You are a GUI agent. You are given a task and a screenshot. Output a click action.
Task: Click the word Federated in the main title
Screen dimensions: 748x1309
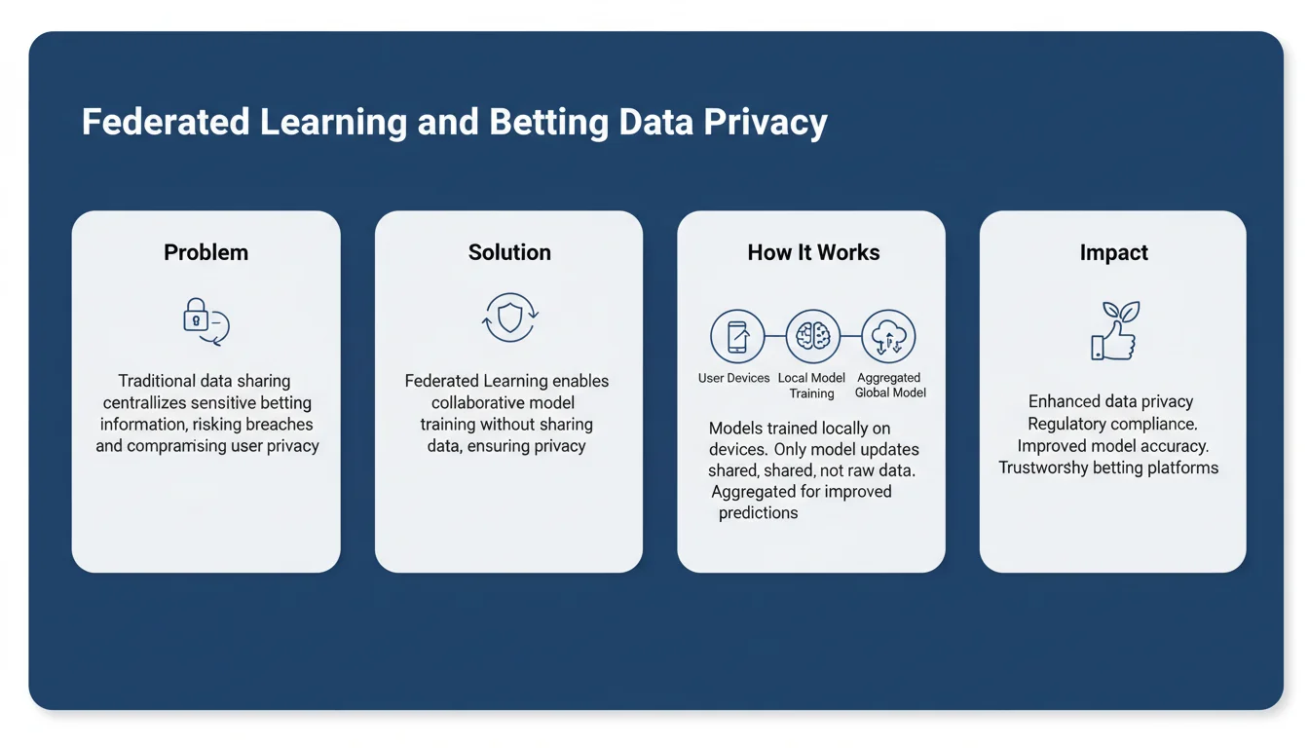click(163, 123)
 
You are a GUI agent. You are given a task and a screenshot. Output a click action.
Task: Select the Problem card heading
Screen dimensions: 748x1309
click(206, 252)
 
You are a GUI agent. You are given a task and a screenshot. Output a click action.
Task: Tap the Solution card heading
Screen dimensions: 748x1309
click(509, 252)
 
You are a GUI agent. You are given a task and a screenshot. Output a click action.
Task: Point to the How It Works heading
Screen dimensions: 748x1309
click(813, 252)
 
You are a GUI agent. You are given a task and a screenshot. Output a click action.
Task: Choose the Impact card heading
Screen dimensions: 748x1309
click(1113, 252)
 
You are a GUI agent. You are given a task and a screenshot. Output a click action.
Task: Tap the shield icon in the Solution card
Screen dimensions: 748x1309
click(510, 318)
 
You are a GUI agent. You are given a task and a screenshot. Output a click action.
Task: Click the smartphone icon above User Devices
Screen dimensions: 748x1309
click(737, 336)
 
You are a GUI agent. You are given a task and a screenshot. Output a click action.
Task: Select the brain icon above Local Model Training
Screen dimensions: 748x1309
click(812, 336)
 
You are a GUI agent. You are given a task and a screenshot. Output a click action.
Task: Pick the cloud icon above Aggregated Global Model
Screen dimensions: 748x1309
click(888, 336)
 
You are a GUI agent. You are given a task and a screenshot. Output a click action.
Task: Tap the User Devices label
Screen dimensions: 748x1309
click(733, 378)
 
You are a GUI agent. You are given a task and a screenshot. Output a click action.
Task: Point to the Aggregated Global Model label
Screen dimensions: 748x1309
click(889, 386)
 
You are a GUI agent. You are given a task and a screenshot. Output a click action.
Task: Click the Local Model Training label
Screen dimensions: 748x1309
click(811, 386)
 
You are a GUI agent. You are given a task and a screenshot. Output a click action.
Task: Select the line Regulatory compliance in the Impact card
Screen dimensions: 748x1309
click(1112, 424)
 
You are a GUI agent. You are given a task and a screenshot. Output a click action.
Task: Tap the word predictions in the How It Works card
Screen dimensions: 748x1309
click(758, 512)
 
